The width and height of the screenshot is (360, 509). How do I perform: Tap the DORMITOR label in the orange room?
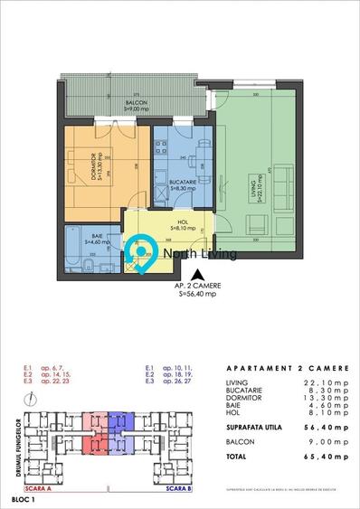(93, 172)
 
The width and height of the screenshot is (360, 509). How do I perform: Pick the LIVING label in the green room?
(259, 192)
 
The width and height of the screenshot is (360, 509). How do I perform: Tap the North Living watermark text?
(199, 254)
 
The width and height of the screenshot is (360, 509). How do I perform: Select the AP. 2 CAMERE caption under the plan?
(199, 287)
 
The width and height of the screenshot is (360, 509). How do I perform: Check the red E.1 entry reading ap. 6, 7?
(43, 368)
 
